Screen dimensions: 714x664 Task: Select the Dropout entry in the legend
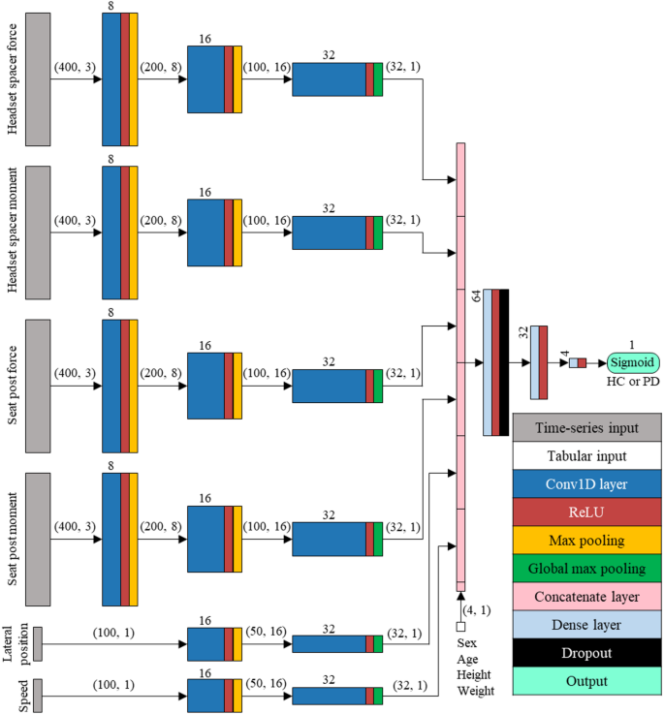pos(585,653)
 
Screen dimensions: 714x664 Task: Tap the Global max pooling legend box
pos(585,569)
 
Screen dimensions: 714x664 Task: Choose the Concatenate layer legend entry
pos(585,597)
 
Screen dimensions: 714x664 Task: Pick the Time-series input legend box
pos(585,427)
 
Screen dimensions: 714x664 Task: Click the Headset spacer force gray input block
pos(38,78)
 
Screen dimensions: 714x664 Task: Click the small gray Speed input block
pos(38,695)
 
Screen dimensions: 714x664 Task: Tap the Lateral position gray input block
pos(38,643)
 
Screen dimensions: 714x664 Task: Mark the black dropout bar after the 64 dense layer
pos(503,362)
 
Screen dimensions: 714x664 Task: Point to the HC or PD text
pos(633,383)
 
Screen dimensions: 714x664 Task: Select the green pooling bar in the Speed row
pos(378,695)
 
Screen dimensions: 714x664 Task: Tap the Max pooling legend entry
pos(585,541)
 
